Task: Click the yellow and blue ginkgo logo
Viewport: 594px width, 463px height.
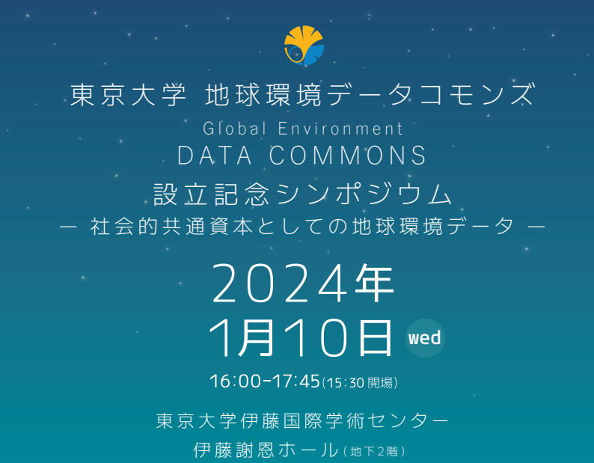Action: [x=304, y=46]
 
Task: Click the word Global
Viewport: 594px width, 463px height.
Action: [x=234, y=129]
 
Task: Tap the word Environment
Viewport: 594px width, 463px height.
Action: [x=340, y=129]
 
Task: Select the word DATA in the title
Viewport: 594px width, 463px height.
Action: [x=215, y=156]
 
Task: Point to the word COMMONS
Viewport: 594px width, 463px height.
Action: [x=348, y=156]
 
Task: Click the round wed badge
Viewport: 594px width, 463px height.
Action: [x=425, y=338]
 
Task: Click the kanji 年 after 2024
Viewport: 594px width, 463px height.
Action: [x=375, y=283]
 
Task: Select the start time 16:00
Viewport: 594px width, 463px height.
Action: [x=235, y=381]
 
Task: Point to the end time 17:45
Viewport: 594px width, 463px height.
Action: [x=296, y=381]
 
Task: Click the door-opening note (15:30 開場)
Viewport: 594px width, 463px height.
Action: [x=360, y=383]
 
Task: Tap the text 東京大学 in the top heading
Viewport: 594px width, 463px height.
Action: [x=129, y=95]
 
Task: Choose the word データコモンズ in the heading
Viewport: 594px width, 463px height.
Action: [x=432, y=94]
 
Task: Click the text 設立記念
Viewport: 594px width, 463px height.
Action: [x=211, y=194]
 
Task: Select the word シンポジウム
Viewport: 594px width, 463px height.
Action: [x=364, y=194]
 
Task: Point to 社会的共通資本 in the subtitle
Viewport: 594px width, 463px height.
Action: [x=171, y=227]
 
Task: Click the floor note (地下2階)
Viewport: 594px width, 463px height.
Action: [x=374, y=451]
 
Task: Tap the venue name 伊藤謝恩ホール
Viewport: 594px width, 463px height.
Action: [x=266, y=450]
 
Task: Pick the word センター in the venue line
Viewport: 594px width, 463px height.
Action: [x=408, y=421]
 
